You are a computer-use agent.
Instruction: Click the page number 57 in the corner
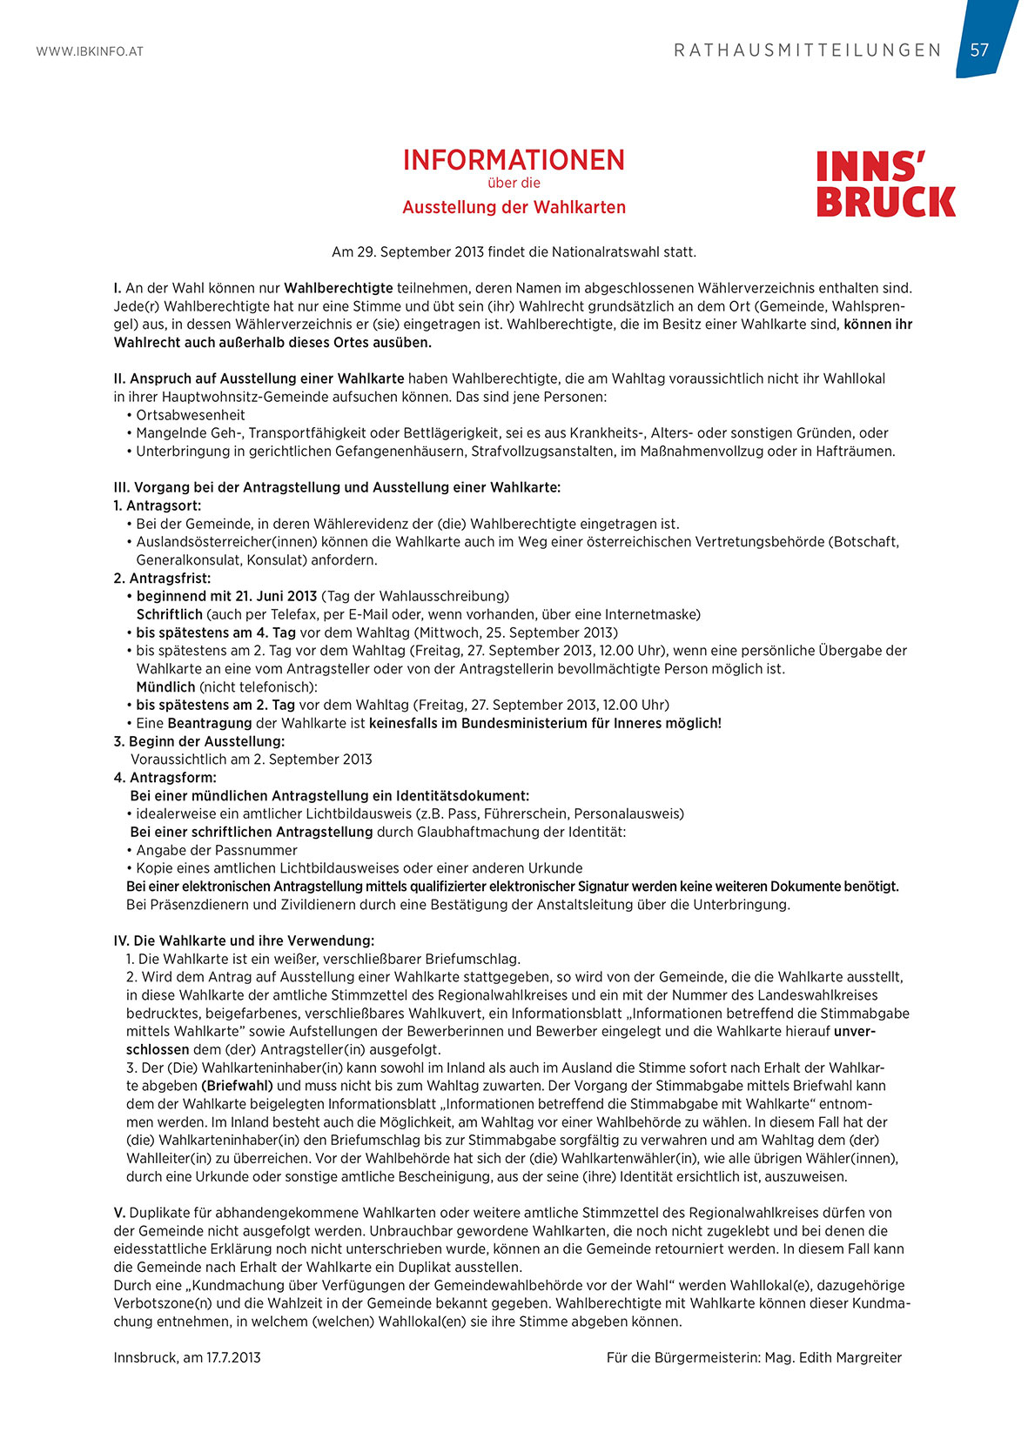click(x=979, y=50)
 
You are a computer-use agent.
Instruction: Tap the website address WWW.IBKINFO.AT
click(x=90, y=51)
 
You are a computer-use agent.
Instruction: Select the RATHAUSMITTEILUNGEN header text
click(x=808, y=50)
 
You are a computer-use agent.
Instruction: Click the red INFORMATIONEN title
click(x=514, y=160)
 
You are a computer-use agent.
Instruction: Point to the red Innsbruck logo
click(x=885, y=184)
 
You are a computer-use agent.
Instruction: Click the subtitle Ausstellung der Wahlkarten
click(x=514, y=207)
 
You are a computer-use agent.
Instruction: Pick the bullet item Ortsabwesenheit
click(x=191, y=415)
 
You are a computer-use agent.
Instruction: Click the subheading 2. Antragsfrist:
click(x=162, y=578)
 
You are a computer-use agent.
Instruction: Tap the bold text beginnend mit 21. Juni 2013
click(x=226, y=596)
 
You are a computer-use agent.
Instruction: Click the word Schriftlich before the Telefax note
click(x=170, y=614)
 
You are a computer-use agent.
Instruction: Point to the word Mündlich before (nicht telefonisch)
click(x=165, y=686)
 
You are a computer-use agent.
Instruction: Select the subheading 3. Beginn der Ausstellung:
click(x=198, y=741)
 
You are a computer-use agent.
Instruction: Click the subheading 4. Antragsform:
click(x=165, y=777)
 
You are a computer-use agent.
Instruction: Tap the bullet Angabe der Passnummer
click(x=217, y=850)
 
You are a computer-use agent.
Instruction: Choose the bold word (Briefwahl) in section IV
click(x=237, y=1086)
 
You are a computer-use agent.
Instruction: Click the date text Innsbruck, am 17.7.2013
click(x=187, y=1357)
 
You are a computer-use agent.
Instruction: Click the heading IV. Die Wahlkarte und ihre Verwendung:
click(x=244, y=940)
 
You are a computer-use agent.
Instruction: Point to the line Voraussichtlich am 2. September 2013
click(x=252, y=760)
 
